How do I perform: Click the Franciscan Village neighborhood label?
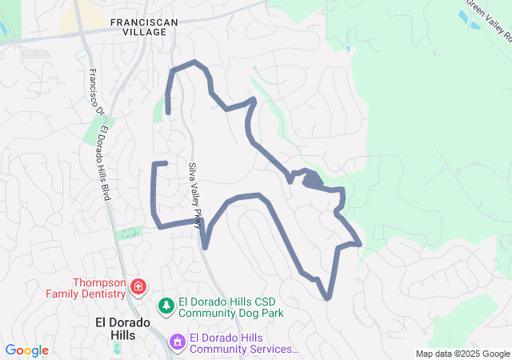click(x=139, y=26)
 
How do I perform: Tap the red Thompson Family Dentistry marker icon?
click(x=138, y=286)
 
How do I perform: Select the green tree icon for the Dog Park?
click(x=166, y=305)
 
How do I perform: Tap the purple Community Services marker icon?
click(x=176, y=342)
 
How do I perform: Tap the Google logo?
click(x=26, y=350)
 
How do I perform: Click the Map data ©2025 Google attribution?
click(x=461, y=354)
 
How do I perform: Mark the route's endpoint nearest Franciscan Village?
click(x=168, y=111)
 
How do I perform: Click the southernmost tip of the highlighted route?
click(x=327, y=298)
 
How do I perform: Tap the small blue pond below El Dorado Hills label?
click(x=118, y=349)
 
